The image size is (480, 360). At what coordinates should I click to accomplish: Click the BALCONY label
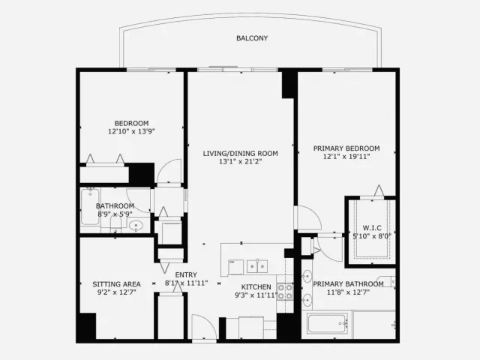click(x=252, y=38)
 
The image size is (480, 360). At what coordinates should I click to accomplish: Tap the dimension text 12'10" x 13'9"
click(x=131, y=131)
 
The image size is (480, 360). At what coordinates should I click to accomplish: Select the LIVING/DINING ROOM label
click(x=240, y=153)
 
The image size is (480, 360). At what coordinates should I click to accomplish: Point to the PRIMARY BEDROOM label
click(x=346, y=148)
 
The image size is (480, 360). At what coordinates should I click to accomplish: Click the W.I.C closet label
click(x=372, y=228)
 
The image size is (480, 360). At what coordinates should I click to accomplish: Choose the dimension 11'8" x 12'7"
click(x=348, y=292)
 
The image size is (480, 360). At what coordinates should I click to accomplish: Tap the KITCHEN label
click(x=256, y=287)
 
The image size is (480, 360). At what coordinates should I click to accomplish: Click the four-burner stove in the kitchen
click(x=285, y=292)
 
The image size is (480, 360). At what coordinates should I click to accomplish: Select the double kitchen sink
click(x=257, y=266)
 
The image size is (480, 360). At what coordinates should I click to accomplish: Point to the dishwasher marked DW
click(x=235, y=267)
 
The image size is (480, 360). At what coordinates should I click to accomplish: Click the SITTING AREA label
click(x=117, y=284)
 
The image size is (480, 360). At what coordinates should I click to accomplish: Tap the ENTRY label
click(x=186, y=275)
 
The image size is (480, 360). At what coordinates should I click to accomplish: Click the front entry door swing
click(x=204, y=327)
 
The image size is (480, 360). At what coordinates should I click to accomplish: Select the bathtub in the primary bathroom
click(x=328, y=323)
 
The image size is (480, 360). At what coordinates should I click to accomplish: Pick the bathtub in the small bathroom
click(x=90, y=207)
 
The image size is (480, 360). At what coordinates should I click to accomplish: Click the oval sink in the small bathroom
click(x=136, y=226)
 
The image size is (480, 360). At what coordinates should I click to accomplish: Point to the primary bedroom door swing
click(x=307, y=217)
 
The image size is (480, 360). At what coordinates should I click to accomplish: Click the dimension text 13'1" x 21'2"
click(x=240, y=162)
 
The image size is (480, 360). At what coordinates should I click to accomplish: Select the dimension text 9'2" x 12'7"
click(x=117, y=292)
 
